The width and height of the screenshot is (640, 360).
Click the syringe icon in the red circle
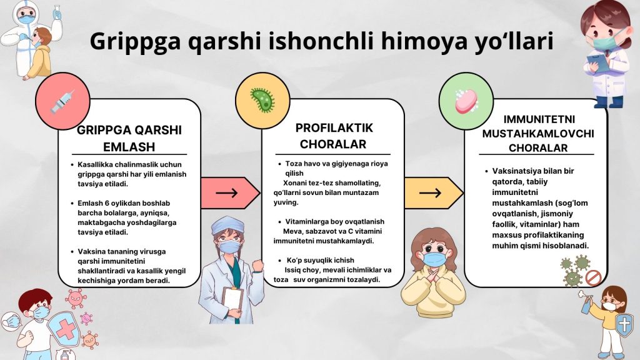click(62, 101)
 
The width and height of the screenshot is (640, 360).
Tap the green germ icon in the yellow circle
click(262, 100)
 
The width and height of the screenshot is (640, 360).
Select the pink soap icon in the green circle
click(466, 101)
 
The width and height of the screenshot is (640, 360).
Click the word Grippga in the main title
click(135, 42)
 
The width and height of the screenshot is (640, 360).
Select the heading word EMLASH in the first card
click(129, 146)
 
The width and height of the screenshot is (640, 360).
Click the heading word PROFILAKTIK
click(334, 127)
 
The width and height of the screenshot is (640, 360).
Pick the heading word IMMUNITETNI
click(539, 119)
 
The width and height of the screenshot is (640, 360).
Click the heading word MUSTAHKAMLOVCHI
click(538, 134)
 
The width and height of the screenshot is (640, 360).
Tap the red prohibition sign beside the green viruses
click(594, 277)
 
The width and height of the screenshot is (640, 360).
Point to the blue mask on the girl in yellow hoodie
click(434, 259)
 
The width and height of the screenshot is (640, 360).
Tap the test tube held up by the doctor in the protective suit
click(57, 12)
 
